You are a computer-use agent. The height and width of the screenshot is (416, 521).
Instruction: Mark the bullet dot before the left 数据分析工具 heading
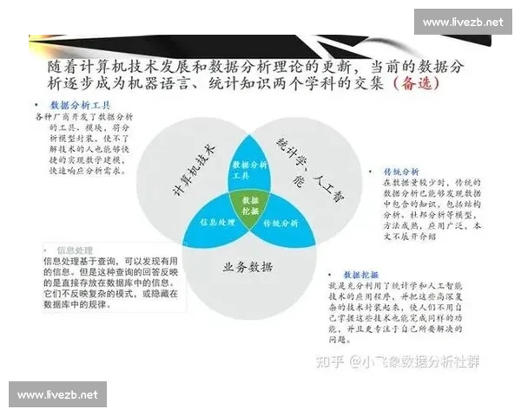tap(39, 104)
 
